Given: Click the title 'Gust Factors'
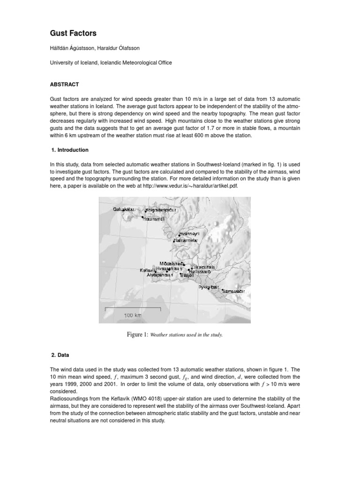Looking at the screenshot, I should pos(73,33).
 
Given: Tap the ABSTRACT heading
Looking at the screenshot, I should pos(64,85).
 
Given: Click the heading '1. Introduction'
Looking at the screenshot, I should pos(69,150).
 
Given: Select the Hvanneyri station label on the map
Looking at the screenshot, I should pos(189,234).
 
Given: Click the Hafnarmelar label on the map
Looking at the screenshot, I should pos(186,240).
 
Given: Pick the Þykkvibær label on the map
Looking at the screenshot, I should pos(208,286).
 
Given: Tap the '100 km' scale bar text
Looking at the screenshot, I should pos(132,315).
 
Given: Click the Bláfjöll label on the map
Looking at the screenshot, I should pos(187,276).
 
